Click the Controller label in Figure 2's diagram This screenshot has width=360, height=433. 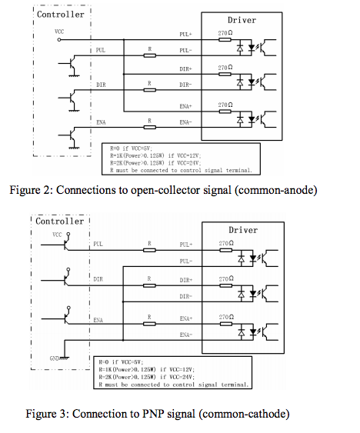click(61, 15)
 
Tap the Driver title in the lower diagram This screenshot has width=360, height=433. click(243, 230)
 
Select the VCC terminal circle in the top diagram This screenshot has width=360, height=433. click(59, 40)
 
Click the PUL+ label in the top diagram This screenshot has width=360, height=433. click(185, 35)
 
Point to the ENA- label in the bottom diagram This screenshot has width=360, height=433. click(185, 335)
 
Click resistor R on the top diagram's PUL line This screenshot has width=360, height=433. click(150, 55)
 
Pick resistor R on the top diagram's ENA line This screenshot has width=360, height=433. click(150, 128)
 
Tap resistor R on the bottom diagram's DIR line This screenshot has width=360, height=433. click(149, 285)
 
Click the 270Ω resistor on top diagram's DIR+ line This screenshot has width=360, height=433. click(225, 74)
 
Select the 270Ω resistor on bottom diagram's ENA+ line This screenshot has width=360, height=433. click(225, 324)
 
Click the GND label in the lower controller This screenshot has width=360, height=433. click(54, 358)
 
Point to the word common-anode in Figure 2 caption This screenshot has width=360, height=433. click(276, 190)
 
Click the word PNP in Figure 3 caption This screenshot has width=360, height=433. click(153, 414)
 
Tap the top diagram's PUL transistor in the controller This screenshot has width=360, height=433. click(72, 65)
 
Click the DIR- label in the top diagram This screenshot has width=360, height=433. click(185, 85)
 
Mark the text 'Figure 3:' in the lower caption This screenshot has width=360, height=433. click(48, 414)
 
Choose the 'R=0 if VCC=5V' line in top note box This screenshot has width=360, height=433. click(131, 148)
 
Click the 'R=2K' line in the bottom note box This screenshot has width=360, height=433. click(147, 377)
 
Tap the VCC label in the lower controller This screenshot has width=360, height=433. click(57, 235)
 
